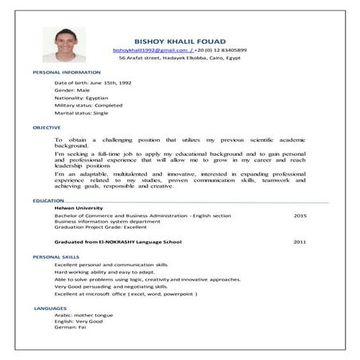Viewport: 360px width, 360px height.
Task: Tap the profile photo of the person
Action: click(70, 45)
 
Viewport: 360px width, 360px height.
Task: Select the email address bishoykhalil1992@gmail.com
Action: click(151, 49)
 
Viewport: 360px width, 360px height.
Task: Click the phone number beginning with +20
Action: click(215, 49)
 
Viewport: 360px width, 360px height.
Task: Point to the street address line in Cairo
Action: click(180, 58)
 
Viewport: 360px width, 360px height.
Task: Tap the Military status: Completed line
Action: click(89, 105)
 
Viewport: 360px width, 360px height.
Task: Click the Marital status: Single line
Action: click(82, 113)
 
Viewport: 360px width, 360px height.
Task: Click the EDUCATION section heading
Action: click(48, 201)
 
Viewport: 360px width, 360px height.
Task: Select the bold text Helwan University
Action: click(75, 208)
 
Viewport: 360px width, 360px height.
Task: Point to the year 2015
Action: click(300, 215)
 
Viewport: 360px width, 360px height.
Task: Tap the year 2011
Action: click(300, 242)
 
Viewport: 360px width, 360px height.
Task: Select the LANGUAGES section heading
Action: click(50, 307)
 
